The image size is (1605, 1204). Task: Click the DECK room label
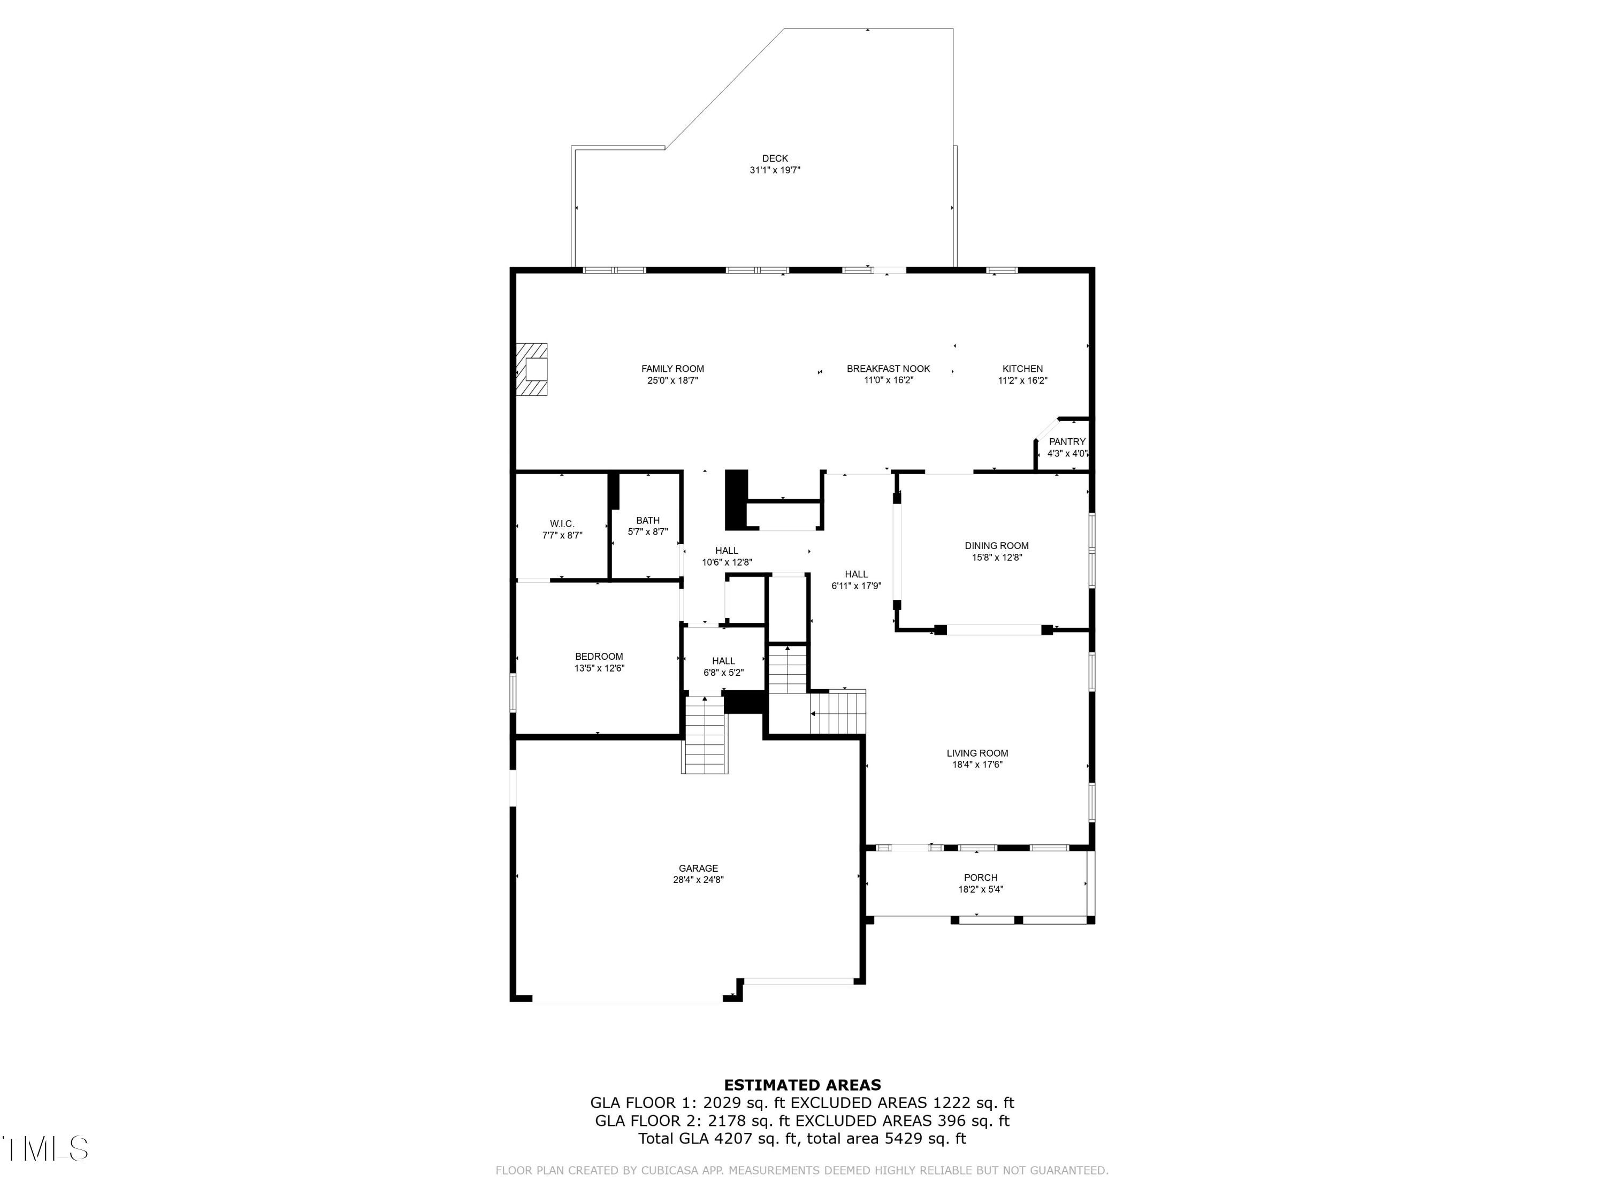(774, 158)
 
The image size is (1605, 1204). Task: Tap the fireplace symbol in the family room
(532, 369)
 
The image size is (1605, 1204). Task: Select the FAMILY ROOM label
(672, 369)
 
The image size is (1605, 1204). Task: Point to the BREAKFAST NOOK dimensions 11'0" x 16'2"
(888, 380)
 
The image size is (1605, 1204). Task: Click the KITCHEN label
(1022, 369)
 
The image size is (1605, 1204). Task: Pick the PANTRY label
(1067, 442)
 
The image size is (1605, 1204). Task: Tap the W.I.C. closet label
(562, 524)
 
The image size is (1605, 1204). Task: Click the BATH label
(647, 520)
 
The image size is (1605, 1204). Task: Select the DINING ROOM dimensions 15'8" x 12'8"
(996, 558)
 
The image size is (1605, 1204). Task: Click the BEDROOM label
(599, 657)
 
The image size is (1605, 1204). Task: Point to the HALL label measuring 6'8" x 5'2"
(723, 661)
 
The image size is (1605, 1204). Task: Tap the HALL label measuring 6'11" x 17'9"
(856, 574)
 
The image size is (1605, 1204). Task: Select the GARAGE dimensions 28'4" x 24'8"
(698, 880)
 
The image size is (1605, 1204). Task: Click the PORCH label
(980, 878)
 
